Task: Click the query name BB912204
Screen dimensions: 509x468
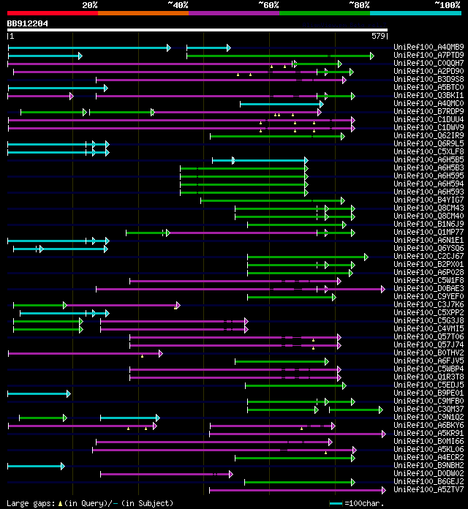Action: [x=28, y=23]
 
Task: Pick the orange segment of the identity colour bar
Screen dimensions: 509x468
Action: [x=143, y=13]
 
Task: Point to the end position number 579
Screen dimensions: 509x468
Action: [x=379, y=35]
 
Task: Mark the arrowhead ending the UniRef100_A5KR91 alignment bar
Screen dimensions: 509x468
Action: [x=383, y=434]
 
